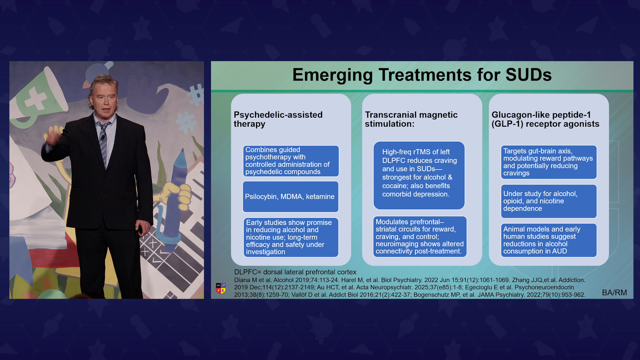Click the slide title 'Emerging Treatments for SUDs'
point(422,75)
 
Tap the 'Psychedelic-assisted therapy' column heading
point(278,119)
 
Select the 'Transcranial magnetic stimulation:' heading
point(411,119)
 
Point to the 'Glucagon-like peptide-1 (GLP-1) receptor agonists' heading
point(545,119)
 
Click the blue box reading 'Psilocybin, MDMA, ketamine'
point(290,197)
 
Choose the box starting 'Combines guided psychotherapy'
point(291,161)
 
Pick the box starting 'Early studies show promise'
point(291,237)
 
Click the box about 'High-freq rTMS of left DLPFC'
point(419,175)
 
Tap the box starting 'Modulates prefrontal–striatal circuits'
point(420,237)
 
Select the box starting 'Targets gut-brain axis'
point(549,162)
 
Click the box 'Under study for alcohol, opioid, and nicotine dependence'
point(549,201)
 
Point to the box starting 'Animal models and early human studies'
point(549,240)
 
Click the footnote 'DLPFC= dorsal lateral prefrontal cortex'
point(295,272)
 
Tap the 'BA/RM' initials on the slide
point(614,292)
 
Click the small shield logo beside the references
point(221,289)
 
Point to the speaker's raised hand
point(53,138)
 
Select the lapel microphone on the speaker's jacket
point(102,137)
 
